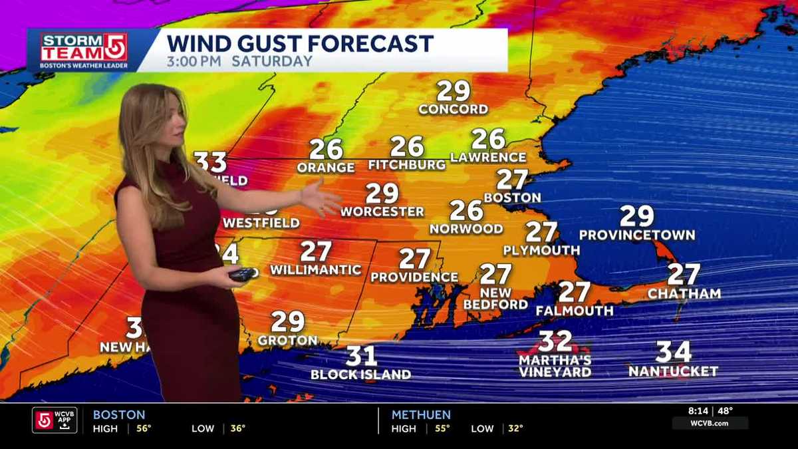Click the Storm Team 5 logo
coord(83,51)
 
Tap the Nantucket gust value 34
coord(674,351)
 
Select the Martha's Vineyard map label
coord(555,366)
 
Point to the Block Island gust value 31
coord(361,356)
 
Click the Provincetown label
coord(636,235)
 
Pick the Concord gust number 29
coord(453,91)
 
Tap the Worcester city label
coord(382,212)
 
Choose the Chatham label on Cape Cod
coord(684,293)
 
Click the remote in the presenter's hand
coord(242,273)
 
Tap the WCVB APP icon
coord(55,420)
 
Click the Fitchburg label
coord(406,164)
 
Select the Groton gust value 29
coord(287,322)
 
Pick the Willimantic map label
coord(315,270)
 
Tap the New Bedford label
coord(495,299)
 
